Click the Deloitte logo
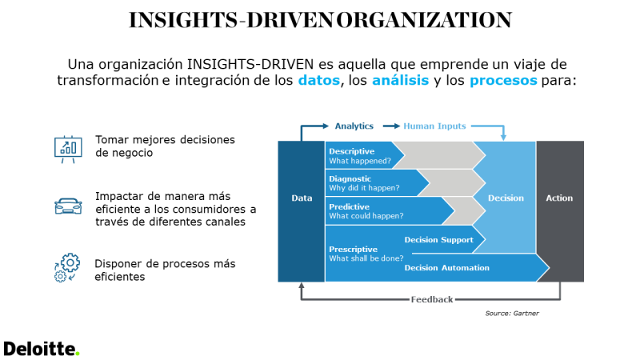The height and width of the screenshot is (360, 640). pos(42,349)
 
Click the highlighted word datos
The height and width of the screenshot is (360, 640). pos(318,81)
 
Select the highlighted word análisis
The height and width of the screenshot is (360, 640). pos(401,80)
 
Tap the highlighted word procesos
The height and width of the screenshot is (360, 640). pos(503,81)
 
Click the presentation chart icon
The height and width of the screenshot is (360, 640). pos(68,150)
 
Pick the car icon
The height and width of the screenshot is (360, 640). pos(68,206)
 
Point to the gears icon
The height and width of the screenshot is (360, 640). pos(67,267)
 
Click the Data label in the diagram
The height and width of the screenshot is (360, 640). pos(302,198)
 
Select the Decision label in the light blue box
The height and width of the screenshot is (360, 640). pos(506,198)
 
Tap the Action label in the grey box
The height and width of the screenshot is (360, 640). pos(559,198)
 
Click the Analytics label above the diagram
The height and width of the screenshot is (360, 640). pos(354,126)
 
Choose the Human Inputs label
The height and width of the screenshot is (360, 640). pos(434,126)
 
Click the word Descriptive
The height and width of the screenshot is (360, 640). pos(351,151)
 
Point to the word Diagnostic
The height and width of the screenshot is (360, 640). pos(350,178)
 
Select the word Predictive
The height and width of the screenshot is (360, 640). pos(349,206)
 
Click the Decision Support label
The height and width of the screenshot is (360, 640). pos(438,239)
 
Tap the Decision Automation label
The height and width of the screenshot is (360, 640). pos(446,268)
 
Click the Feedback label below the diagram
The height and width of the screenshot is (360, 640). pos(432,299)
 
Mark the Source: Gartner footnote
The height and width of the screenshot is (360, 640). pos(512,313)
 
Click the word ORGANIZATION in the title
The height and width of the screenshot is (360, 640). pos(424,20)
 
